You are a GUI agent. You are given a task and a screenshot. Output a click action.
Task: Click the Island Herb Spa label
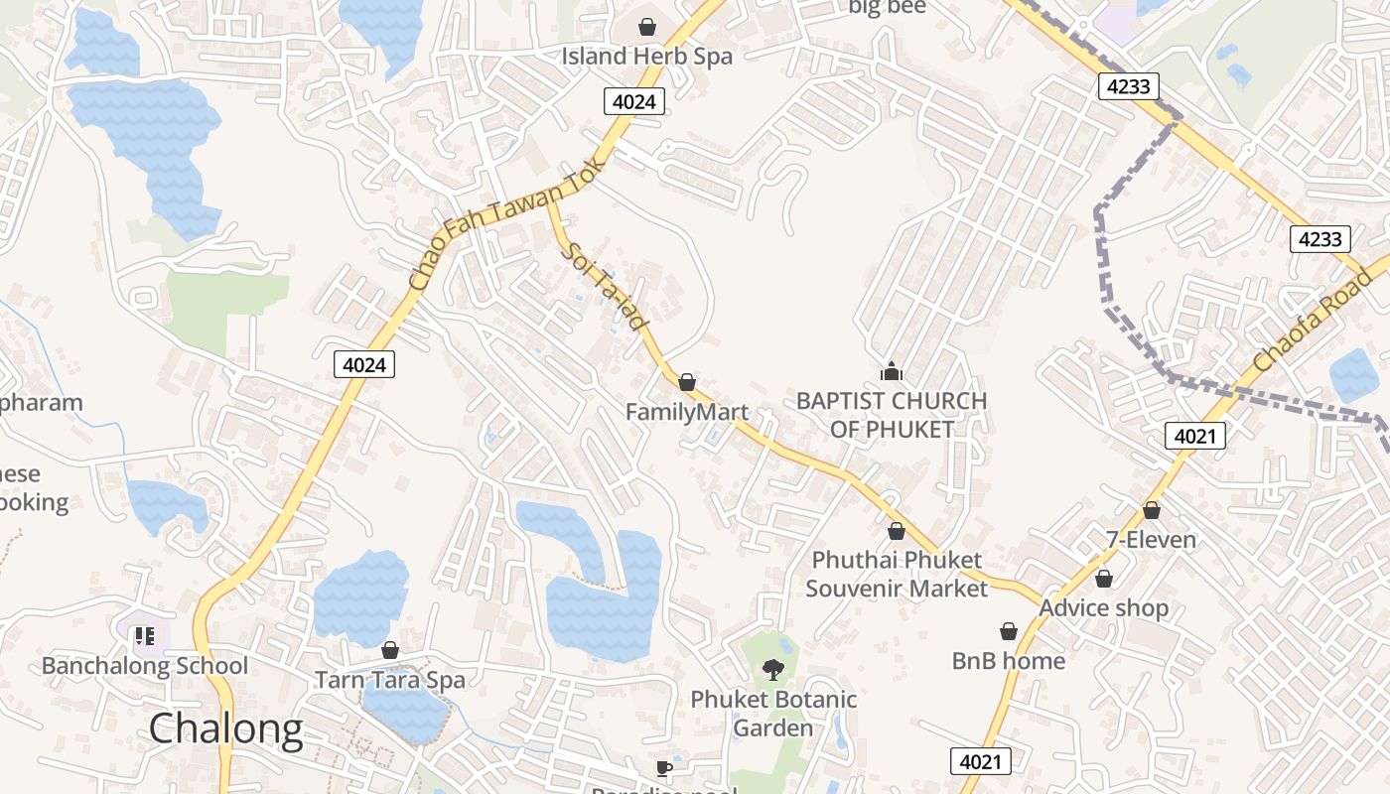[646, 57]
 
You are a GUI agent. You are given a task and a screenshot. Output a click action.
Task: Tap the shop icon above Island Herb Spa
[647, 26]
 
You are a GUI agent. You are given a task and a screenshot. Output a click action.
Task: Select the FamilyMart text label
[687, 411]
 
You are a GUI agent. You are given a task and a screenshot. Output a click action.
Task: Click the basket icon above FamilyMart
[686, 382]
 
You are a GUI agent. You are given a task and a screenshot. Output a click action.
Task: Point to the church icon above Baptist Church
[892, 372]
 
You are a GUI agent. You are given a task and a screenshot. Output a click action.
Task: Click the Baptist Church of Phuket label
[892, 415]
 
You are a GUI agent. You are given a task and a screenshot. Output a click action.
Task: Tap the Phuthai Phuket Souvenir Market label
[897, 575]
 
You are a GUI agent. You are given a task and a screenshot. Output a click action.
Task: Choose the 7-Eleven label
[1151, 540]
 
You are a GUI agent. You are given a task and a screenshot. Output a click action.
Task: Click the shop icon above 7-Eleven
[1151, 510]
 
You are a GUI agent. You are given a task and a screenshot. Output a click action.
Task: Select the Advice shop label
[1103, 607]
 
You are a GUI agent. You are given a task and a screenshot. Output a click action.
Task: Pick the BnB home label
[1008, 661]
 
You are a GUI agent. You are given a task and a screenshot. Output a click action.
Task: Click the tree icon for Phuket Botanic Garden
[772, 670]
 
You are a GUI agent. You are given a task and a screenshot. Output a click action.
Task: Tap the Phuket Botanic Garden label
[773, 714]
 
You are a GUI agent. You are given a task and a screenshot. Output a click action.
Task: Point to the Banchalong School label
[145, 665]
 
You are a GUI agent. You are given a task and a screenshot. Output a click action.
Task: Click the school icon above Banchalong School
[145, 635]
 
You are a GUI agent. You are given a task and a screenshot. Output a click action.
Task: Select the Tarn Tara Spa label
[389, 680]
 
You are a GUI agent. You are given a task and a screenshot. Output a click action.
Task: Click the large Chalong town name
[225, 729]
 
